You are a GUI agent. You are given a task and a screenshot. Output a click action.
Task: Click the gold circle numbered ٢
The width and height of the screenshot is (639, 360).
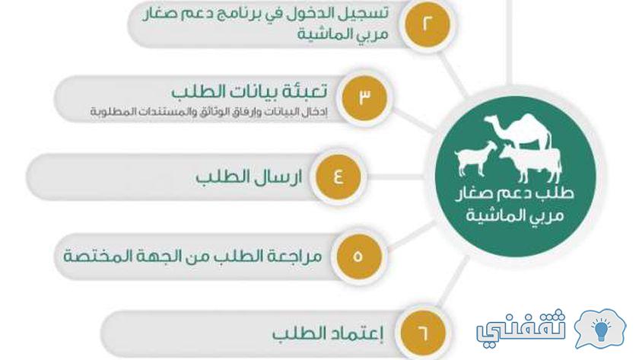tap(427, 24)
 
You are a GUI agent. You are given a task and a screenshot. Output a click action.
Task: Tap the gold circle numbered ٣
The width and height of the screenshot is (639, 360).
tap(364, 97)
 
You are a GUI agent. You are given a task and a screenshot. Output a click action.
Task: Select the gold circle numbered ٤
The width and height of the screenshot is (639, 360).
tap(339, 177)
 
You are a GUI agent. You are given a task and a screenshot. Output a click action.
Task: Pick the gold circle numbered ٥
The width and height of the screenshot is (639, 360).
tap(358, 256)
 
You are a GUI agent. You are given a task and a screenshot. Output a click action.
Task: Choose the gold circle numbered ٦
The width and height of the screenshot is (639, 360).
tap(423, 333)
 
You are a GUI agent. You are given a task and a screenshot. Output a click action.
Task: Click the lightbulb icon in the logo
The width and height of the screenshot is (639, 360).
tap(601, 329)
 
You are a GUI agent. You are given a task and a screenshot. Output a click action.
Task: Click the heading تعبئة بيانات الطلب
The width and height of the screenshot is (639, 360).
tap(249, 91)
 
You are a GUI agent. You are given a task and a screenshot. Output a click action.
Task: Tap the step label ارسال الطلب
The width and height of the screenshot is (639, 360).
tap(249, 177)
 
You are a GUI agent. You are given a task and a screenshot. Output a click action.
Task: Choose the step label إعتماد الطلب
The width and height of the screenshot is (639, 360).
tap(328, 334)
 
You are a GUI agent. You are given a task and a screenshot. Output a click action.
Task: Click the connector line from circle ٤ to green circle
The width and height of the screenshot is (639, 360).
tap(396, 177)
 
